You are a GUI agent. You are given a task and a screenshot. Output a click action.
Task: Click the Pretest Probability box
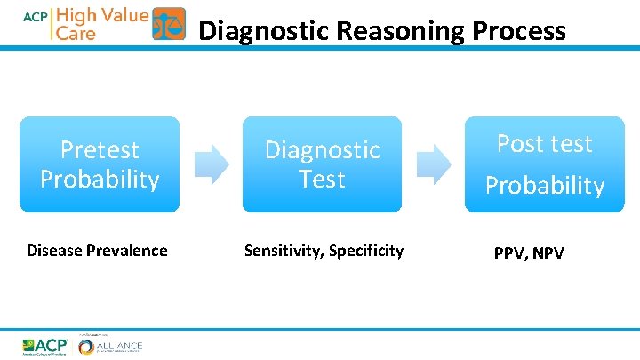point(99,164)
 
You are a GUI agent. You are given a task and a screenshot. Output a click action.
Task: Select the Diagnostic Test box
point(322,164)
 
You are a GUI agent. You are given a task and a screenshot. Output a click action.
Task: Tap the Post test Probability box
point(544,164)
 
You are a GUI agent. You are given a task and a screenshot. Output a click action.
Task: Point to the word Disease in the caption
point(55,251)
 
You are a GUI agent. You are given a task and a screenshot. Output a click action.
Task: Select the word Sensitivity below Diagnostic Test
point(283,251)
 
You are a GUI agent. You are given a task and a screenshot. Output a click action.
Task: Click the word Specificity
point(366,251)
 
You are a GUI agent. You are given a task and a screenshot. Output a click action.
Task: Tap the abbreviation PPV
point(510,253)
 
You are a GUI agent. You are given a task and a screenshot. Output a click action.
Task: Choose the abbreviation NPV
point(548,253)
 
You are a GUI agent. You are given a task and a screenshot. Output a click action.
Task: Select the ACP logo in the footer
point(44,345)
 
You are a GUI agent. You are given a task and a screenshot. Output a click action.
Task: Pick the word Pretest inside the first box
point(100,149)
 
